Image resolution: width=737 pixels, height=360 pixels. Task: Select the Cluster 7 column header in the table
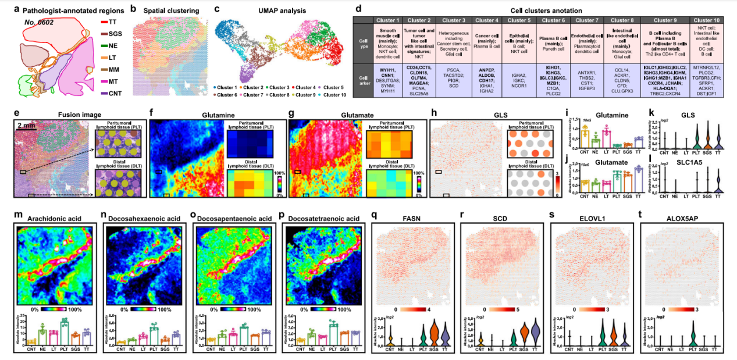click(586, 20)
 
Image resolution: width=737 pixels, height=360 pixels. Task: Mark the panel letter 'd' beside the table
click(359, 10)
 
